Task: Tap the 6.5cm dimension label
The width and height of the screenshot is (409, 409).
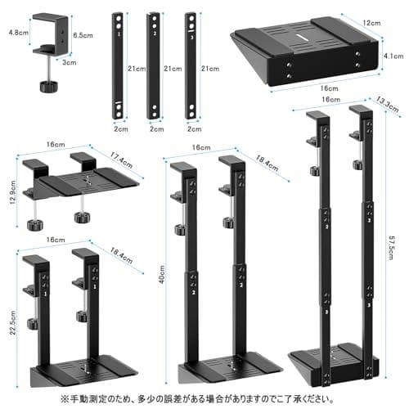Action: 82,36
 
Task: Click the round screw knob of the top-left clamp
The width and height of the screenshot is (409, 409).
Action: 42,86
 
